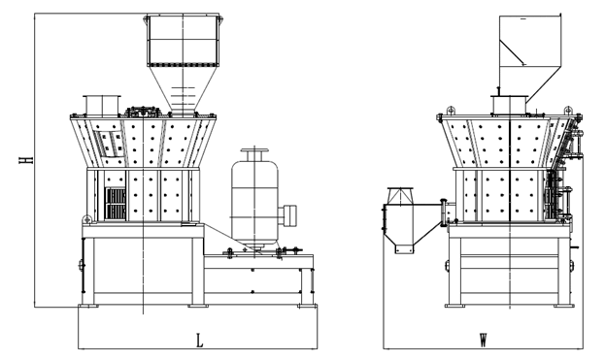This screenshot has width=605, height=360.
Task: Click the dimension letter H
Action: pos(26,160)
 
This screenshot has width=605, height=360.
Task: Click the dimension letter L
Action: pos(199,341)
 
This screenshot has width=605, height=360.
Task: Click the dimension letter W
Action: pos(483,341)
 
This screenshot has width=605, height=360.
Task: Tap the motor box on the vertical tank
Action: pos(287,215)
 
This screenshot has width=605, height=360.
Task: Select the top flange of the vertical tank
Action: pos(254,150)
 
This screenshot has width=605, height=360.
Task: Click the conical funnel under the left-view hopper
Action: pos(182,88)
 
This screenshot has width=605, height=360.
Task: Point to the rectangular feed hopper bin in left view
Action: pos(183,40)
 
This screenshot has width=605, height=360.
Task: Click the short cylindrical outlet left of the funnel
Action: pos(102,105)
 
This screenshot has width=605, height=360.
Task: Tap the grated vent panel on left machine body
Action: pos(116,204)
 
